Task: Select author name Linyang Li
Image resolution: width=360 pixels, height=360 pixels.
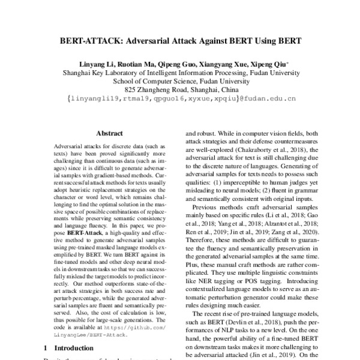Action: pos(96,64)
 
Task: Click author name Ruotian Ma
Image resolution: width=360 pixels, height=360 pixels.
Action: pos(139,64)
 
